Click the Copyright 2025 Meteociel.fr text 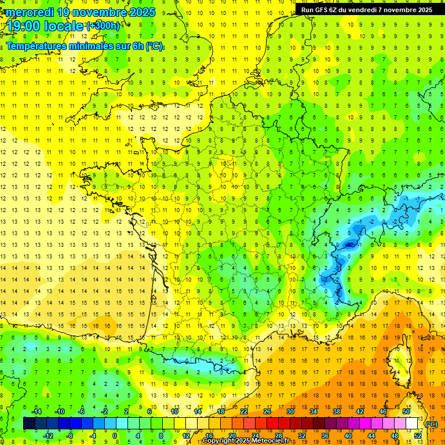(246, 441)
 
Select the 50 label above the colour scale (406, 411)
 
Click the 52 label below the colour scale (417, 436)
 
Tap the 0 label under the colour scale (115, 436)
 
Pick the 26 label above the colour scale (267, 411)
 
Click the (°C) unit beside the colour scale (432, 424)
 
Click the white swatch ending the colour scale (412, 424)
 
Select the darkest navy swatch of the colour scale (29, 424)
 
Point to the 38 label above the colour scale (337, 411)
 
